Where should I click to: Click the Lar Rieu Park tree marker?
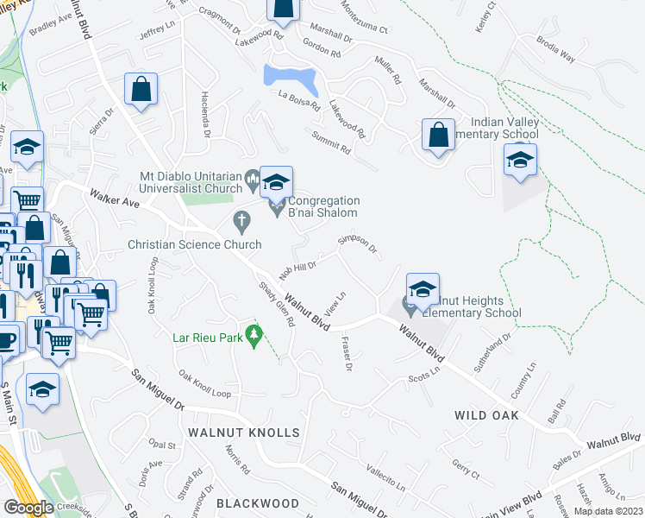(x=254, y=333)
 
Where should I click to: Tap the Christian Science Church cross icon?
(x=242, y=224)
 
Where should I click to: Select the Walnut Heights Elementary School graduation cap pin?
(x=423, y=291)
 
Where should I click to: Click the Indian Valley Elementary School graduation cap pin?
(x=521, y=161)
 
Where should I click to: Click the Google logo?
(x=28, y=508)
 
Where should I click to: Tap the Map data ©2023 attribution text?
(x=608, y=511)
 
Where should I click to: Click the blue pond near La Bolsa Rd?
(x=291, y=79)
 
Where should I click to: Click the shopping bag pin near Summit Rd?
(x=438, y=136)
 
